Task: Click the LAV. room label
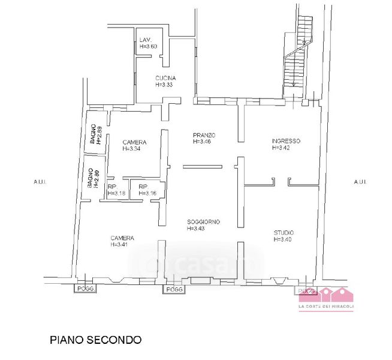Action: pyautogui.click(x=144, y=40)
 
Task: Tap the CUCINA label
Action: pyautogui.click(x=165, y=78)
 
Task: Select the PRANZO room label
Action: pyautogui.click(x=204, y=134)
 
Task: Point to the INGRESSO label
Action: pyautogui.click(x=286, y=141)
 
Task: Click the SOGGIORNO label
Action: pyautogui.click(x=203, y=221)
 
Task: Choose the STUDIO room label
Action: pyautogui.click(x=284, y=233)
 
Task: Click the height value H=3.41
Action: pyautogui.click(x=122, y=245)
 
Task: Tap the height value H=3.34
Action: pyautogui.click(x=134, y=149)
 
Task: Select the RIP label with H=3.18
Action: pyautogui.click(x=112, y=187)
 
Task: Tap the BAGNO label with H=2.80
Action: pyautogui.click(x=90, y=179)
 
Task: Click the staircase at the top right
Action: pyautogui.click(x=297, y=54)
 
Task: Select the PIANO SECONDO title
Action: pyautogui.click(x=95, y=340)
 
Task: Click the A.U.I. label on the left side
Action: pyautogui.click(x=40, y=181)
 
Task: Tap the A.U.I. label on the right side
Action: pyautogui.click(x=360, y=181)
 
